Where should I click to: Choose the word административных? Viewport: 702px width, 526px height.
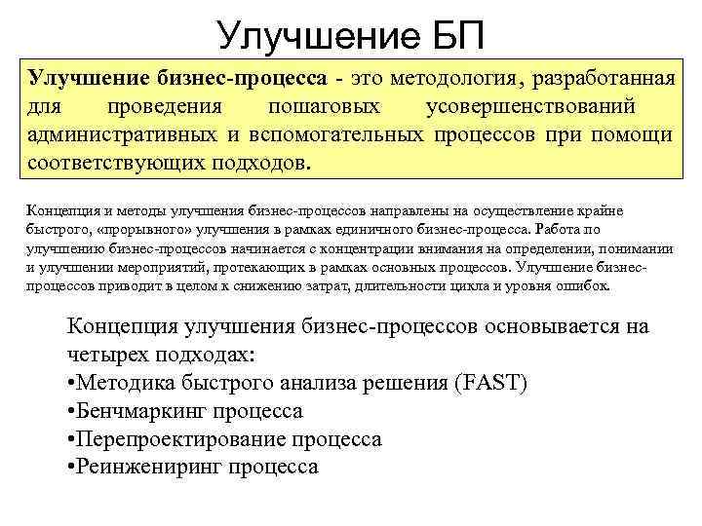coord(123,133)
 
